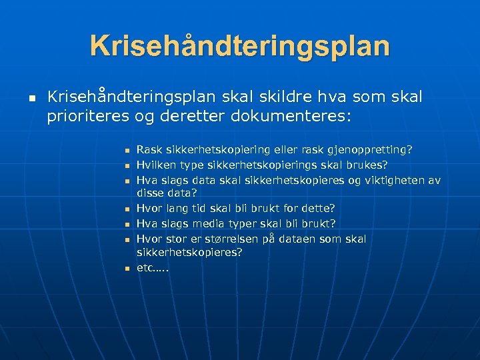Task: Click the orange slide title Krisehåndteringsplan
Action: tap(240, 45)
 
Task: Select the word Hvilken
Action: tap(154, 165)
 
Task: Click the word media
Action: tap(204, 223)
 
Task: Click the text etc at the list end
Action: tap(145, 267)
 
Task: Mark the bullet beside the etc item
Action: tap(125, 268)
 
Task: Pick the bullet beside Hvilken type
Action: tap(125, 166)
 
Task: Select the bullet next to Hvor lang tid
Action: tap(125, 209)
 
